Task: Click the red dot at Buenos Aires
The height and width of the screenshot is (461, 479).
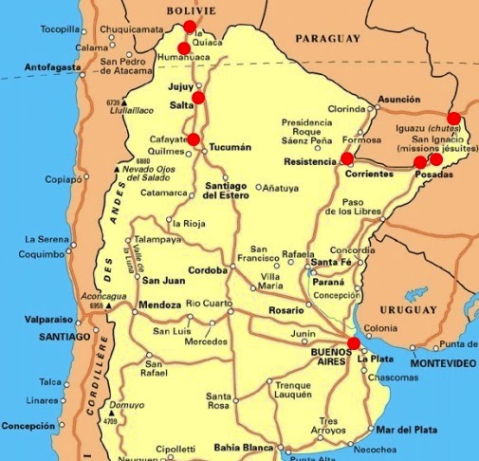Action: coord(354,343)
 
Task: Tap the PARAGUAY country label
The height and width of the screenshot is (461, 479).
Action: coord(327,39)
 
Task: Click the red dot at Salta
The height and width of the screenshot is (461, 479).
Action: coord(198,97)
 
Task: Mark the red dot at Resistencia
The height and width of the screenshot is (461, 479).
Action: coord(347,157)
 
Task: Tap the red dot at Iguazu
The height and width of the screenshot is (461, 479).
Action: coord(453,119)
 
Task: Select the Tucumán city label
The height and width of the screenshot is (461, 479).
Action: coord(230,148)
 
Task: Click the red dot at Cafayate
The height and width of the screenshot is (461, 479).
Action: coord(193,139)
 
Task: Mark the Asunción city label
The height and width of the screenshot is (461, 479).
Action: coord(397,99)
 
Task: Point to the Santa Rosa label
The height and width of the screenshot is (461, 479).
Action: coord(219,400)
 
